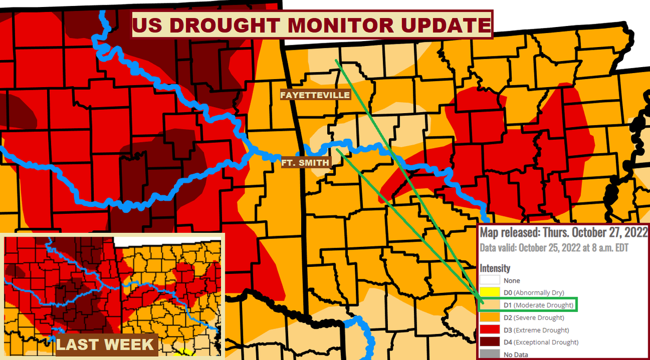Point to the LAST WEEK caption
(x=105, y=344)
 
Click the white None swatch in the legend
(x=490, y=280)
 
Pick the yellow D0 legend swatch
(x=490, y=293)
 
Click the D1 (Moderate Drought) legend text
(x=538, y=305)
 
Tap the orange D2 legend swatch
(x=490, y=318)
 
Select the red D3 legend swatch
(x=490, y=330)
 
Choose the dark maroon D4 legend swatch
(x=490, y=342)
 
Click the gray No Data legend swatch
(x=490, y=355)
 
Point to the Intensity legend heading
(x=495, y=268)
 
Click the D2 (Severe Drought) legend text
(x=534, y=318)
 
